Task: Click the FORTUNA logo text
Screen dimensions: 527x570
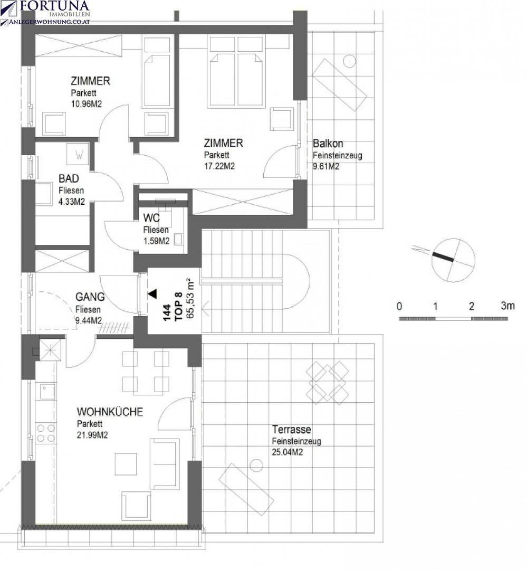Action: click(x=54, y=5)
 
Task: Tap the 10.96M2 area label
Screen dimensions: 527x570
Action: click(x=87, y=104)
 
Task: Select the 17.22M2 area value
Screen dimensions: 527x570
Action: click(x=219, y=166)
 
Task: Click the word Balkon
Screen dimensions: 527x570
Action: click(x=328, y=143)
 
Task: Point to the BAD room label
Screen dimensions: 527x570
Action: click(x=69, y=178)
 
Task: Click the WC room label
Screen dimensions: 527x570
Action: click(x=151, y=218)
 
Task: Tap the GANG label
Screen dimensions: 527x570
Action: click(x=90, y=297)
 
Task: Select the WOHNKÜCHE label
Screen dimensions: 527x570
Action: click(x=110, y=412)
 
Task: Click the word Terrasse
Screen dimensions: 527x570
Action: click(x=292, y=429)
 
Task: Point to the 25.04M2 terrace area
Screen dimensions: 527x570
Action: click(x=287, y=452)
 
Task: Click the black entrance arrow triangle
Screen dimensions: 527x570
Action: click(x=152, y=294)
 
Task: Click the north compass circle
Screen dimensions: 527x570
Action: click(x=453, y=260)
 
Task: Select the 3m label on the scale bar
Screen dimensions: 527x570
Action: click(x=507, y=306)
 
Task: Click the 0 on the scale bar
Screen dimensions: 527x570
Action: click(x=399, y=307)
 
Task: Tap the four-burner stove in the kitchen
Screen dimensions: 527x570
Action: click(x=46, y=433)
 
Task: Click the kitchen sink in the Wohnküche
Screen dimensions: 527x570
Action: click(x=47, y=392)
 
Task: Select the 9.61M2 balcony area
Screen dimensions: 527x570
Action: click(x=326, y=166)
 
